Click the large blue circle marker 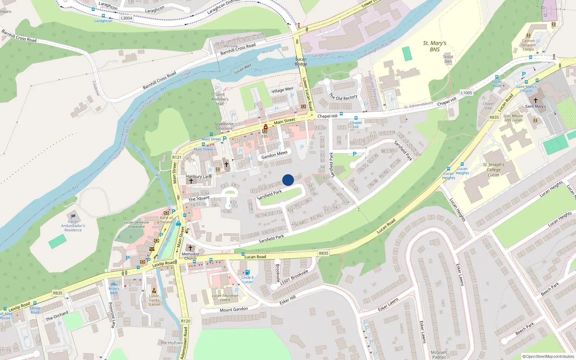[x=288, y=180]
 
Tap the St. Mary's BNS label [x=435, y=46]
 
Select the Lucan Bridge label [x=301, y=62]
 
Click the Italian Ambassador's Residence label [x=73, y=226]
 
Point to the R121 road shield [x=177, y=157]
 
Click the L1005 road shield [x=466, y=93]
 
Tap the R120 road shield [x=185, y=321]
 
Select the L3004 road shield [x=126, y=18]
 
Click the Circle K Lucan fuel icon [x=247, y=273]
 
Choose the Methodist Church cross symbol [x=190, y=248]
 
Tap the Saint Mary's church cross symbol [x=535, y=100]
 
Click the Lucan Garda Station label [x=154, y=300]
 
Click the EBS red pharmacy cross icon [x=266, y=127]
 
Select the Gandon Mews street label [x=274, y=155]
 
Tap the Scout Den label [x=448, y=59]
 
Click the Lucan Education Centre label [x=225, y=298]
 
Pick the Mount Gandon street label [x=234, y=310]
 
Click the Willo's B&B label [x=114, y=291]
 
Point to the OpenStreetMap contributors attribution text [x=548, y=356]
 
